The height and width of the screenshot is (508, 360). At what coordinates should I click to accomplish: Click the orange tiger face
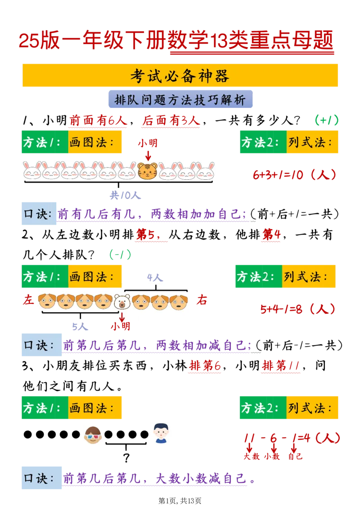tap(148, 171)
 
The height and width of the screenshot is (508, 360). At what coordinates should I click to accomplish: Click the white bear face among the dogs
tap(122, 302)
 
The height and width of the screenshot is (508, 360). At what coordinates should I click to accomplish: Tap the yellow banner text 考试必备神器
tap(180, 76)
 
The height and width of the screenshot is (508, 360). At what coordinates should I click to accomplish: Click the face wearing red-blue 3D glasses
tap(93, 435)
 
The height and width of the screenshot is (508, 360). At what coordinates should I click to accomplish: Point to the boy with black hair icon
tap(160, 433)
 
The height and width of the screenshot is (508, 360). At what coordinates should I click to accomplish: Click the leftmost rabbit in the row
tap(32, 171)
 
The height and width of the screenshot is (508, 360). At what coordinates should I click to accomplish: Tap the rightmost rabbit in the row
tap(205, 171)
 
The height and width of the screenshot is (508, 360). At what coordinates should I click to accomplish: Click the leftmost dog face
tap(47, 302)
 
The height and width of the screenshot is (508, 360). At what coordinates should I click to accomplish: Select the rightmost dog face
tap(178, 302)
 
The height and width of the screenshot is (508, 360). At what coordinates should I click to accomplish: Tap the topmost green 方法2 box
tap(262, 143)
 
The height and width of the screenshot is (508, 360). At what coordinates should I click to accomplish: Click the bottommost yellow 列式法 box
tap(312, 408)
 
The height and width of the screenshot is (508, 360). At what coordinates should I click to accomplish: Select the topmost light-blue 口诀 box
tap(39, 214)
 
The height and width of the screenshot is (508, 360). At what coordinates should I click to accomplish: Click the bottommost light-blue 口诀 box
tap(43, 478)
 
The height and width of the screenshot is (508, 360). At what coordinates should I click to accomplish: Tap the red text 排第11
tap(281, 367)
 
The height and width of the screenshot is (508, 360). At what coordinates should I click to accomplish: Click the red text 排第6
tap(204, 367)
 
